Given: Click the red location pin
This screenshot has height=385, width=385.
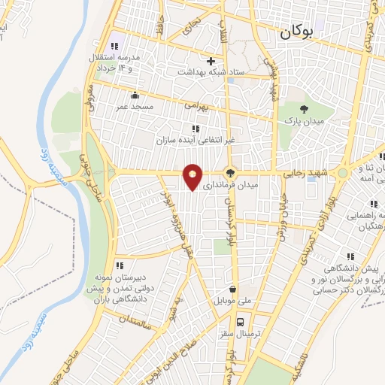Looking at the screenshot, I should [x=193, y=177].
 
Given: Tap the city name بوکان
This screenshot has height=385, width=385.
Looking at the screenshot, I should [x=299, y=32].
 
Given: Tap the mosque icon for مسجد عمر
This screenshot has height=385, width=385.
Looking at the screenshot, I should [x=135, y=95].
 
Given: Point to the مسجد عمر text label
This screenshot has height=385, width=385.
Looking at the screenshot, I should [x=134, y=107].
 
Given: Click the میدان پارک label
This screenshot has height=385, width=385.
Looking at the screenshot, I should [x=303, y=120].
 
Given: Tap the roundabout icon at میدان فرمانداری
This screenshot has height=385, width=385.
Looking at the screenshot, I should [x=232, y=172].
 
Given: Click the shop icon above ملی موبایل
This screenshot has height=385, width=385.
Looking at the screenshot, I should [x=232, y=289].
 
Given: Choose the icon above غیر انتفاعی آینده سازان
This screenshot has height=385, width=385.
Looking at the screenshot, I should [x=196, y=129].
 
